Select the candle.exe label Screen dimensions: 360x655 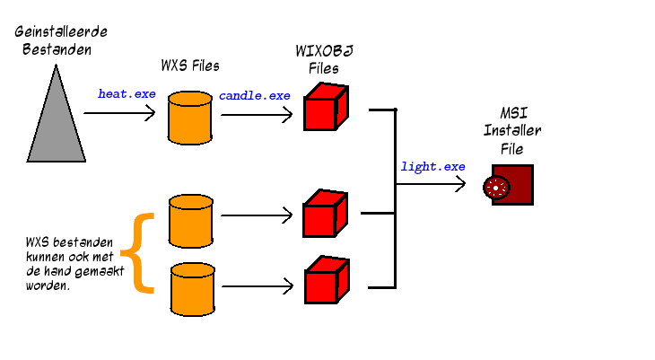click(x=254, y=94)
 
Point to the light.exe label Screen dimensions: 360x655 click(x=432, y=166)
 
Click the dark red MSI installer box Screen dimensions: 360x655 click(x=517, y=186)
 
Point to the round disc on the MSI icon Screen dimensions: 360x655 click(x=495, y=187)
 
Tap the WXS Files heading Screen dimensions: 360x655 click(x=189, y=66)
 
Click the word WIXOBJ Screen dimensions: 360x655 click(x=323, y=51)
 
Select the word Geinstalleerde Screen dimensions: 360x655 click(x=54, y=31)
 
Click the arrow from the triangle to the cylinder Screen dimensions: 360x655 click(x=119, y=114)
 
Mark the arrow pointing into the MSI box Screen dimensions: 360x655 click(x=432, y=186)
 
